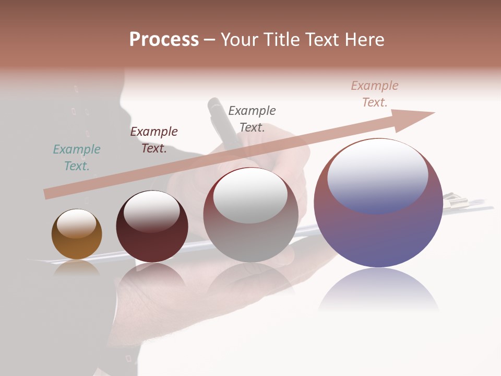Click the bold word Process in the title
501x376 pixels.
point(164,40)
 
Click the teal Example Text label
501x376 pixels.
point(77,158)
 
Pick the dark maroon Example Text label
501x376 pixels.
point(154,140)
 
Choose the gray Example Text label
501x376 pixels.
point(252,119)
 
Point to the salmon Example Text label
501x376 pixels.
point(375,94)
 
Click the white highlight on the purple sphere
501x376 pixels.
point(377,175)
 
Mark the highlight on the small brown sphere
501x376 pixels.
point(77,224)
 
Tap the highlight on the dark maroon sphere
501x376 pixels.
point(152,211)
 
